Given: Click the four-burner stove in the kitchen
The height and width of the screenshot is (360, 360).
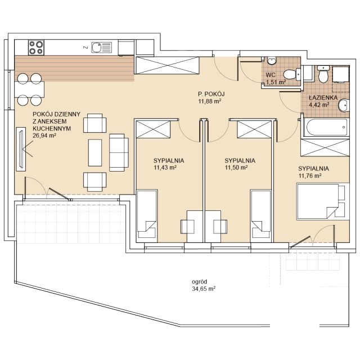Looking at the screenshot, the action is (36, 47).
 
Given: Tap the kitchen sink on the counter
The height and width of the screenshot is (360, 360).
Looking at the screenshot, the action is (101, 47).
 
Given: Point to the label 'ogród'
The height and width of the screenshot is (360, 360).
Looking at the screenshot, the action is (199, 281).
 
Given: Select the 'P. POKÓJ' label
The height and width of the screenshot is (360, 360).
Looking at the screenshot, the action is (211, 94).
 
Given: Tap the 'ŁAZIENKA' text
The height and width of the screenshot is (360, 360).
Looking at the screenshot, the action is (323, 97).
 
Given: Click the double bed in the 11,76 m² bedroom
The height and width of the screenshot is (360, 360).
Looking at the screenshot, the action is (323, 201).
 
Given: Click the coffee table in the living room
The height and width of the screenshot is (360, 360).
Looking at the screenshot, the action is (95, 152).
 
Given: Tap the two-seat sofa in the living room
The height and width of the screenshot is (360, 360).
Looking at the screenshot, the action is (119, 152).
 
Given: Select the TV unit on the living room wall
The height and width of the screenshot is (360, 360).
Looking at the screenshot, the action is (21, 149).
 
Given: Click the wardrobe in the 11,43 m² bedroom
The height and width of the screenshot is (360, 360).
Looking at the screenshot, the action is (153, 129).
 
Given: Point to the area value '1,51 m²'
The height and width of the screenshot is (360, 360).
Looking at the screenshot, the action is (276, 82).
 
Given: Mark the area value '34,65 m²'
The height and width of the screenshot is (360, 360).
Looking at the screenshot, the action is (204, 289).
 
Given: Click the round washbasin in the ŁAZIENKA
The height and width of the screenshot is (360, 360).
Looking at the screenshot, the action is (344, 106).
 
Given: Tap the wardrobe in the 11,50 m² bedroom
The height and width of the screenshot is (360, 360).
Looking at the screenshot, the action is (254, 129).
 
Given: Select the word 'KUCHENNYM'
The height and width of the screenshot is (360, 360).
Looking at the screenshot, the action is (52, 129).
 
